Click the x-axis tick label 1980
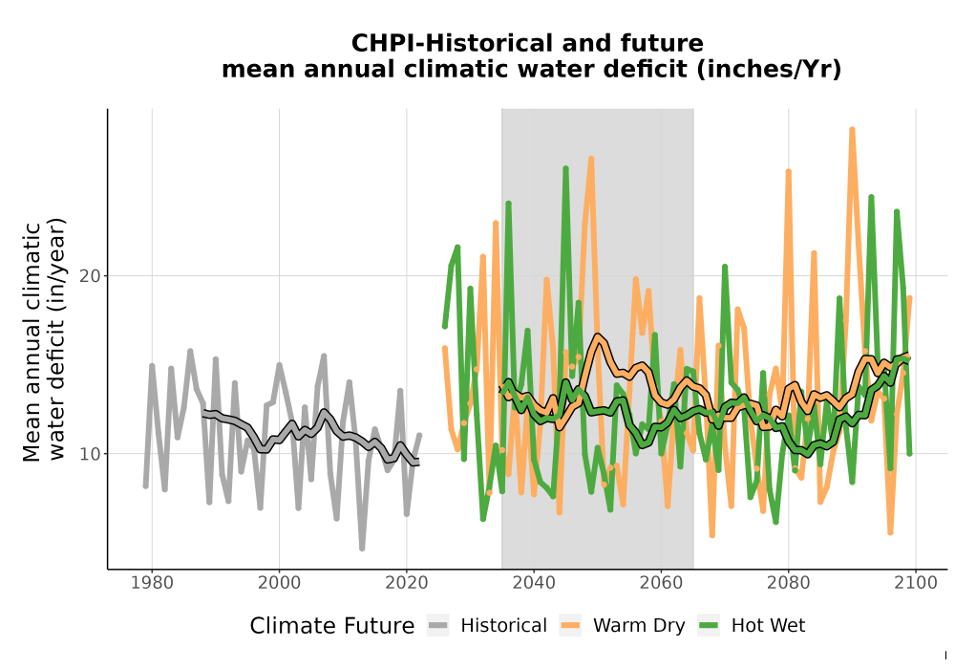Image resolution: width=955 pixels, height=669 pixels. (152, 583)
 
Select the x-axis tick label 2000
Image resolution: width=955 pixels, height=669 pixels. (279, 583)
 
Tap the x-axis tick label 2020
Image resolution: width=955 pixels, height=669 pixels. (406, 583)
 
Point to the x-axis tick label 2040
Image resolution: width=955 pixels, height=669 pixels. (534, 583)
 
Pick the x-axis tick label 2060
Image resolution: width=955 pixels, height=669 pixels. (661, 583)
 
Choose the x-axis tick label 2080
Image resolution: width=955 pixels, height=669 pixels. (788, 583)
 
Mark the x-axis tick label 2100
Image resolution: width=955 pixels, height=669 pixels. (916, 583)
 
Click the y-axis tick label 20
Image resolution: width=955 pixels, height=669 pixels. (90, 276)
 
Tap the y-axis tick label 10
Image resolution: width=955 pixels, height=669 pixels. (90, 454)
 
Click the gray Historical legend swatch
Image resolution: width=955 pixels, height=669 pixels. (438, 626)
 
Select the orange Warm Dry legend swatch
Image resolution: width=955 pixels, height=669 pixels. (571, 626)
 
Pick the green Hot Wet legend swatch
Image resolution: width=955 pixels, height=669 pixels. (709, 626)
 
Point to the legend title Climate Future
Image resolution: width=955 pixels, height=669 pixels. (332, 626)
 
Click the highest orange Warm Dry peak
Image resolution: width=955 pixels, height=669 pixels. (852, 129)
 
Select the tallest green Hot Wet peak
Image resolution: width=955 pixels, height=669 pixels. (565, 168)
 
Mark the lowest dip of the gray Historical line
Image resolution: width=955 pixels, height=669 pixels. (362, 549)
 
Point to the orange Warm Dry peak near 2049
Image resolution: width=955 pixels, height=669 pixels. (591, 159)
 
